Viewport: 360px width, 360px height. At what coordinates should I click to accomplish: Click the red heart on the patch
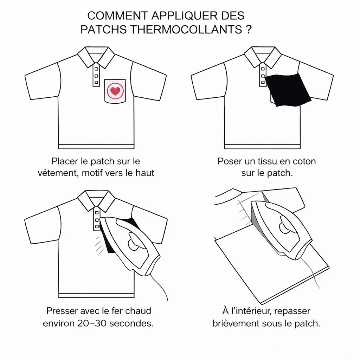(x=115, y=91)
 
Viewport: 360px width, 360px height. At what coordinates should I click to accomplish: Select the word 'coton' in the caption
(x=304, y=161)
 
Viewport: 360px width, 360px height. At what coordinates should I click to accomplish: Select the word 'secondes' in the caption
(x=131, y=323)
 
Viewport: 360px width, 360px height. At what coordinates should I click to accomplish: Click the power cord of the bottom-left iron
(x=160, y=288)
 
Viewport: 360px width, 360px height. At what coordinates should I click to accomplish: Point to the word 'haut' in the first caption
(x=144, y=173)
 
